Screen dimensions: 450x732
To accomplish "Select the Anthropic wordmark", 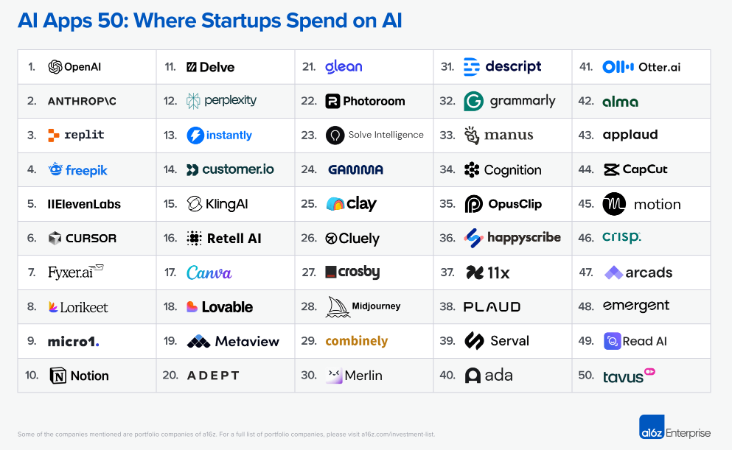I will pyautogui.click(x=82, y=101).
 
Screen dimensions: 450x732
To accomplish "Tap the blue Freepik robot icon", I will pyautogui.click(x=55, y=169).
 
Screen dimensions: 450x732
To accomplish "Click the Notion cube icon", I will pyautogui.click(x=57, y=376).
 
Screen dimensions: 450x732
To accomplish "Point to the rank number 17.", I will pyautogui.click(x=170, y=273).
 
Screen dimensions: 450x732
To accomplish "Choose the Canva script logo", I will pyautogui.click(x=209, y=273).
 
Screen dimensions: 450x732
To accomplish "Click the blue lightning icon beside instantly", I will pyautogui.click(x=195, y=136).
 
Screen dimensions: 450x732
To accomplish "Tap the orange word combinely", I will pyautogui.click(x=356, y=341).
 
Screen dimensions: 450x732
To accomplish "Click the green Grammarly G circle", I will pyautogui.click(x=473, y=101).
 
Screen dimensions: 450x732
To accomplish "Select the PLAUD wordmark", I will pyautogui.click(x=492, y=307).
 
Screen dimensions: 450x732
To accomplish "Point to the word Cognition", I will pyautogui.click(x=512, y=170).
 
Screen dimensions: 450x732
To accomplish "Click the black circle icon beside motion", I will pyautogui.click(x=614, y=204).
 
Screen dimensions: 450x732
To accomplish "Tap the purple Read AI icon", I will pyautogui.click(x=612, y=341).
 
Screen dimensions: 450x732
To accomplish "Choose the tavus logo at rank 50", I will pyautogui.click(x=629, y=375).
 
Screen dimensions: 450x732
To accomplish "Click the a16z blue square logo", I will pyautogui.click(x=651, y=428).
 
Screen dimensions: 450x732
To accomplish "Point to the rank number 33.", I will pyautogui.click(x=447, y=136).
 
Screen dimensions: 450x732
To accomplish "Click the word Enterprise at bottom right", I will pyautogui.click(x=688, y=433).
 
